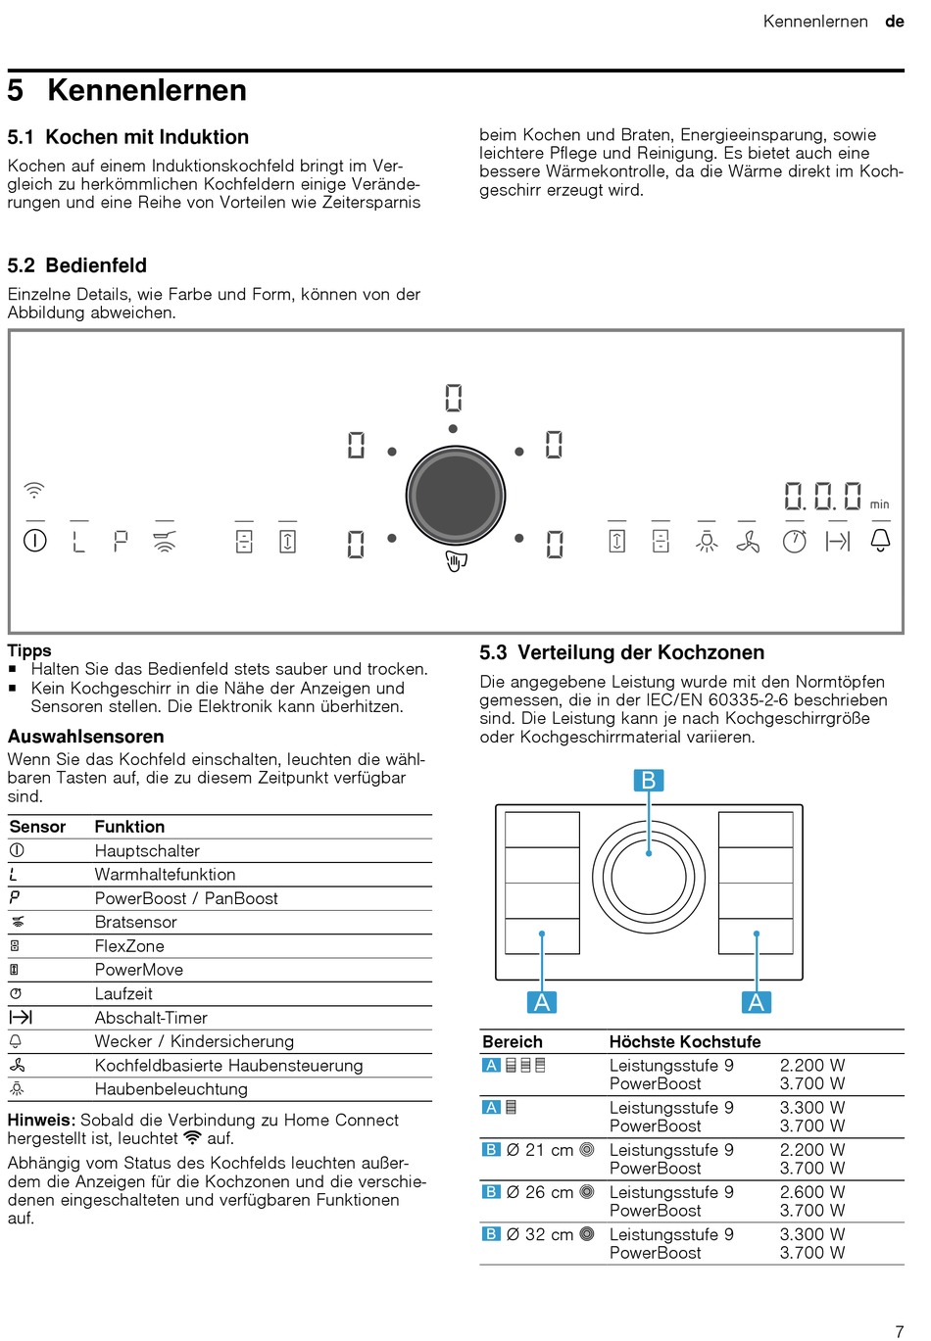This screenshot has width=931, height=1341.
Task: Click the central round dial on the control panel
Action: coord(456,496)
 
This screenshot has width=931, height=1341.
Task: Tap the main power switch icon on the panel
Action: coord(35,540)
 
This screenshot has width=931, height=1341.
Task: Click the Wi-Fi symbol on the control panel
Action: coord(34,490)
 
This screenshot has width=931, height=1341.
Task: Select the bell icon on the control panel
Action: coord(880,540)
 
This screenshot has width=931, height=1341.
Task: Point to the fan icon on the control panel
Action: coord(748,541)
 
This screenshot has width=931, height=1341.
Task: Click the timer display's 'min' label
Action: coord(879,504)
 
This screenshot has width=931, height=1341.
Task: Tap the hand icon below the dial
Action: coord(456,561)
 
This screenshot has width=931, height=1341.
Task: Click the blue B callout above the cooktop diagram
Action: coord(648,780)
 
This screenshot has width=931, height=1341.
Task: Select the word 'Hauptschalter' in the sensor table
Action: coord(147,851)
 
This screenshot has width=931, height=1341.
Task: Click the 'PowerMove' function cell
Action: coord(139,970)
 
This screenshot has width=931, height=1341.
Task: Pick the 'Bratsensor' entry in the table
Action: coord(136,922)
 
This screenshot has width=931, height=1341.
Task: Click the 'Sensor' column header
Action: coord(37,827)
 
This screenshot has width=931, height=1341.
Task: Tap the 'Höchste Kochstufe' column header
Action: coord(685,1041)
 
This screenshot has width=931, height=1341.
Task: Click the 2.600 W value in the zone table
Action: coord(812,1192)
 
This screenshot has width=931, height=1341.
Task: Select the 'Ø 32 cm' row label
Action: coord(539,1234)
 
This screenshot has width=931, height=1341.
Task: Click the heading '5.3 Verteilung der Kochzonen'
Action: coord(621,652)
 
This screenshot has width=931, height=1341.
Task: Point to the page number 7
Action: coord(899,1331)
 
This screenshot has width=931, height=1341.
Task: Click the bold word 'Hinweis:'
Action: coord(41,1120)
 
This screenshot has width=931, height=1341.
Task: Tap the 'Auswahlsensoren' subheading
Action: coord(86,737)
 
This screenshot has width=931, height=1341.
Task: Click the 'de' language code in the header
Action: coord(894,22)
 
